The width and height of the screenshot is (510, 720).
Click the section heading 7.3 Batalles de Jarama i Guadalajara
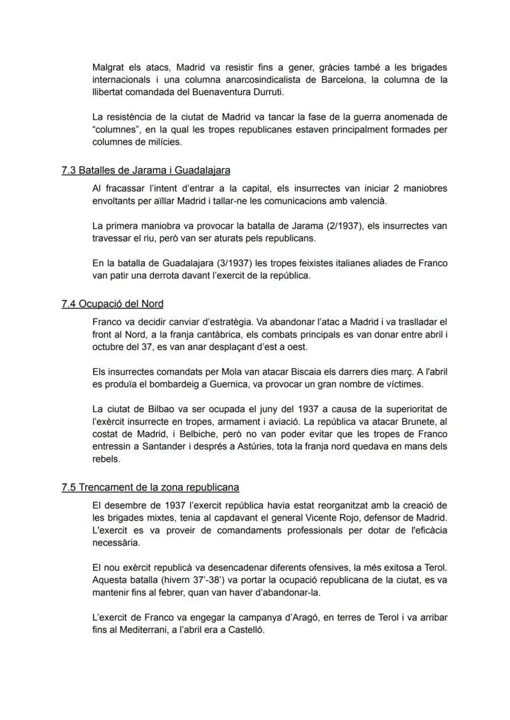145,170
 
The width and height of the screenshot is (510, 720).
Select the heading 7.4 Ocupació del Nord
112,304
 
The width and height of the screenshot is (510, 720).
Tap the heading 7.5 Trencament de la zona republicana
150,487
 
